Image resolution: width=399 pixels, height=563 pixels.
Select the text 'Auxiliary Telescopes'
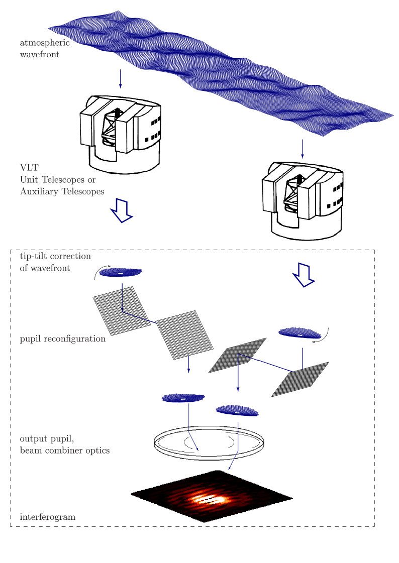tap(62, 191)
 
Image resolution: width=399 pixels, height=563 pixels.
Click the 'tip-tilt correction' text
tap(55, 256)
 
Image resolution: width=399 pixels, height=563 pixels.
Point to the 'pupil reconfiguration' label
tap(63, 339)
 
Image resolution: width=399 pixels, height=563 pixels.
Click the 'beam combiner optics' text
tap(65, 450)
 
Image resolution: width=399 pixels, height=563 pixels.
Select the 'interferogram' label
tap(48, 516)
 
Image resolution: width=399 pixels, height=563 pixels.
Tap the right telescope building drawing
tap(303, 201)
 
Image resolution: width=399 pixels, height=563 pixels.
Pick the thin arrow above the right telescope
tap(303, 149)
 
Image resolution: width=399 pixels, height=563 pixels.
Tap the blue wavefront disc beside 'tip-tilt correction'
tap(121, 273)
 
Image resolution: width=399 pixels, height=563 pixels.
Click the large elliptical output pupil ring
tap(209, 440)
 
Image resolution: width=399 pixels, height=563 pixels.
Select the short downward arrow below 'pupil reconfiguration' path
tap(189, 364)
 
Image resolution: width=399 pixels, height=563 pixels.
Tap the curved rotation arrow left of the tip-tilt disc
tap(98, 271)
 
